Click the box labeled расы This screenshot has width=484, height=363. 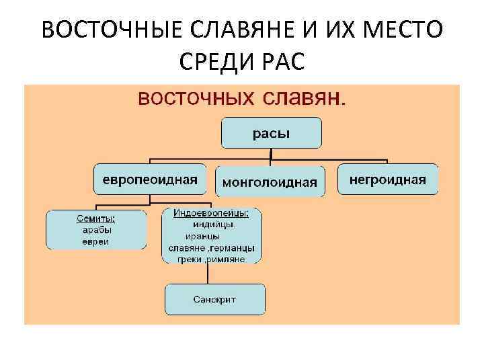tap(272, 133)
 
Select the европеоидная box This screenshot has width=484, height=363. tap(150, 179)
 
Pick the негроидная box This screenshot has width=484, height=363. tap(387, 179)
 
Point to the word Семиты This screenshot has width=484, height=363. tap(95, 218)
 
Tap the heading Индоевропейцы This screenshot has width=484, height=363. tap(211, 213)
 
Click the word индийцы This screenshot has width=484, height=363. tap(212, 225)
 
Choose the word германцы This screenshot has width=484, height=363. tap(232, 247)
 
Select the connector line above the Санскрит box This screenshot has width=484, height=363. tap(205, 274)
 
